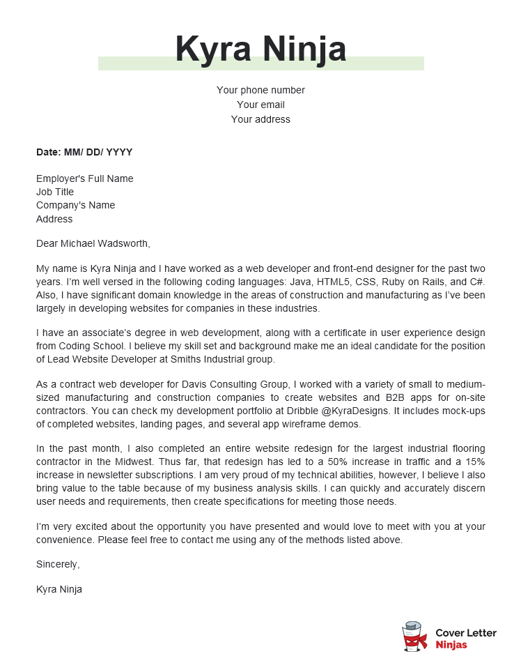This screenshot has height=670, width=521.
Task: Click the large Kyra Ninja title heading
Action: pyautogui.click(x=260, y=49)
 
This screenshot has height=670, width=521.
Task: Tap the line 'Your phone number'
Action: pyautogui.click(x=260, y=90)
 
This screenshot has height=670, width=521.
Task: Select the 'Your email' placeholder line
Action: pyautogui.click(x=260, y=105)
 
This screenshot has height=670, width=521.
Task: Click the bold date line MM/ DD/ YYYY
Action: pyautogui.click(x=84, y=152)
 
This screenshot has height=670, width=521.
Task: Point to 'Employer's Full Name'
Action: pyautogui.click(x=84, y=178)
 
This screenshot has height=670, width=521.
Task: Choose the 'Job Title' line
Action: pyautogui.click(x=55, y=192)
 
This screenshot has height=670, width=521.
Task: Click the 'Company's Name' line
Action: pyautogui.click(x=75, y=205)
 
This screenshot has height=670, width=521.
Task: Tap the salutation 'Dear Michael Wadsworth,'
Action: pyautogui.click(x=93, y=243)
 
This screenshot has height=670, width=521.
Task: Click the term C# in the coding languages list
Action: pyautogui.click(x=477, y=282)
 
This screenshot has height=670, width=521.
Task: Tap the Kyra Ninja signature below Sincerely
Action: pyautogui.click(x=59, y=589)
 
